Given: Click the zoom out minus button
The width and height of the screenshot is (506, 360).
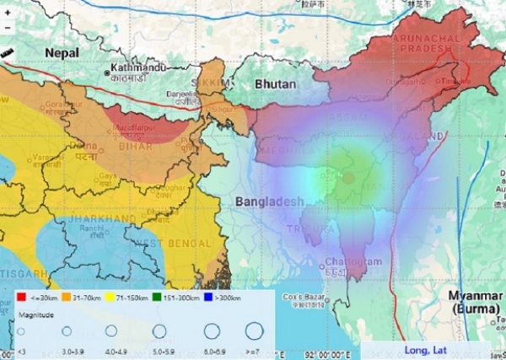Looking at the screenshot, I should point(8,27).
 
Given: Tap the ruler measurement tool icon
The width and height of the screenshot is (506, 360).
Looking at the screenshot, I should point(8,52).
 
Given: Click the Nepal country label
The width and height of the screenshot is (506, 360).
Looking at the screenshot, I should point(62,52).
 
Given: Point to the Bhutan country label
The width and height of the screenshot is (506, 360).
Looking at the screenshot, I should point(276,84).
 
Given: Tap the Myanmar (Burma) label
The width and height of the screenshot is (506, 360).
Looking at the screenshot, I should point(475,302).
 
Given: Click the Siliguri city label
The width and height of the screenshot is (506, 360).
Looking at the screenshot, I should point(224,110).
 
